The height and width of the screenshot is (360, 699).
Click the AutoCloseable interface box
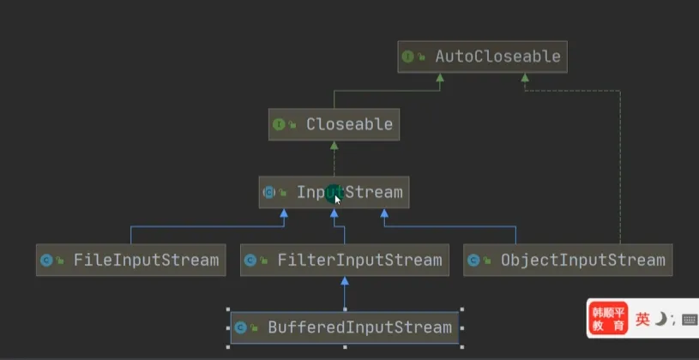point(483,57)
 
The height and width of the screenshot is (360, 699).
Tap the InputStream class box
point(334,192)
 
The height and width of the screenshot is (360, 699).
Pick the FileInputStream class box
point(131,259)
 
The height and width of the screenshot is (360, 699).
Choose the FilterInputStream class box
point(344,259)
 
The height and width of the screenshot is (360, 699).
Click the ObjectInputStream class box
point(568,259)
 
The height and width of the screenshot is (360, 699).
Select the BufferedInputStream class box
point(344,327)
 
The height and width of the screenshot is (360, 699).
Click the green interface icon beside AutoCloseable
point(408,57)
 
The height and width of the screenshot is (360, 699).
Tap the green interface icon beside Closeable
point(279,124)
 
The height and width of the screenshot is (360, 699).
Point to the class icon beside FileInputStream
point(46,260)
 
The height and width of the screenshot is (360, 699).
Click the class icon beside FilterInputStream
point(250,260)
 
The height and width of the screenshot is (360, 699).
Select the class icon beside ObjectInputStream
point(473,260)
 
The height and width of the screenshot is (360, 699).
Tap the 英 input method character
point(642,320)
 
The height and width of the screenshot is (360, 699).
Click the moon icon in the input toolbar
point(660,320)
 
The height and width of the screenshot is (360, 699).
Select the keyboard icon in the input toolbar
point(689,320)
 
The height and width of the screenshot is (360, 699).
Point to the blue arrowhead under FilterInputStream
point(344,280)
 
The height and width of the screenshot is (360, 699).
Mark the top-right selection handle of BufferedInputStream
point(462,310)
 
